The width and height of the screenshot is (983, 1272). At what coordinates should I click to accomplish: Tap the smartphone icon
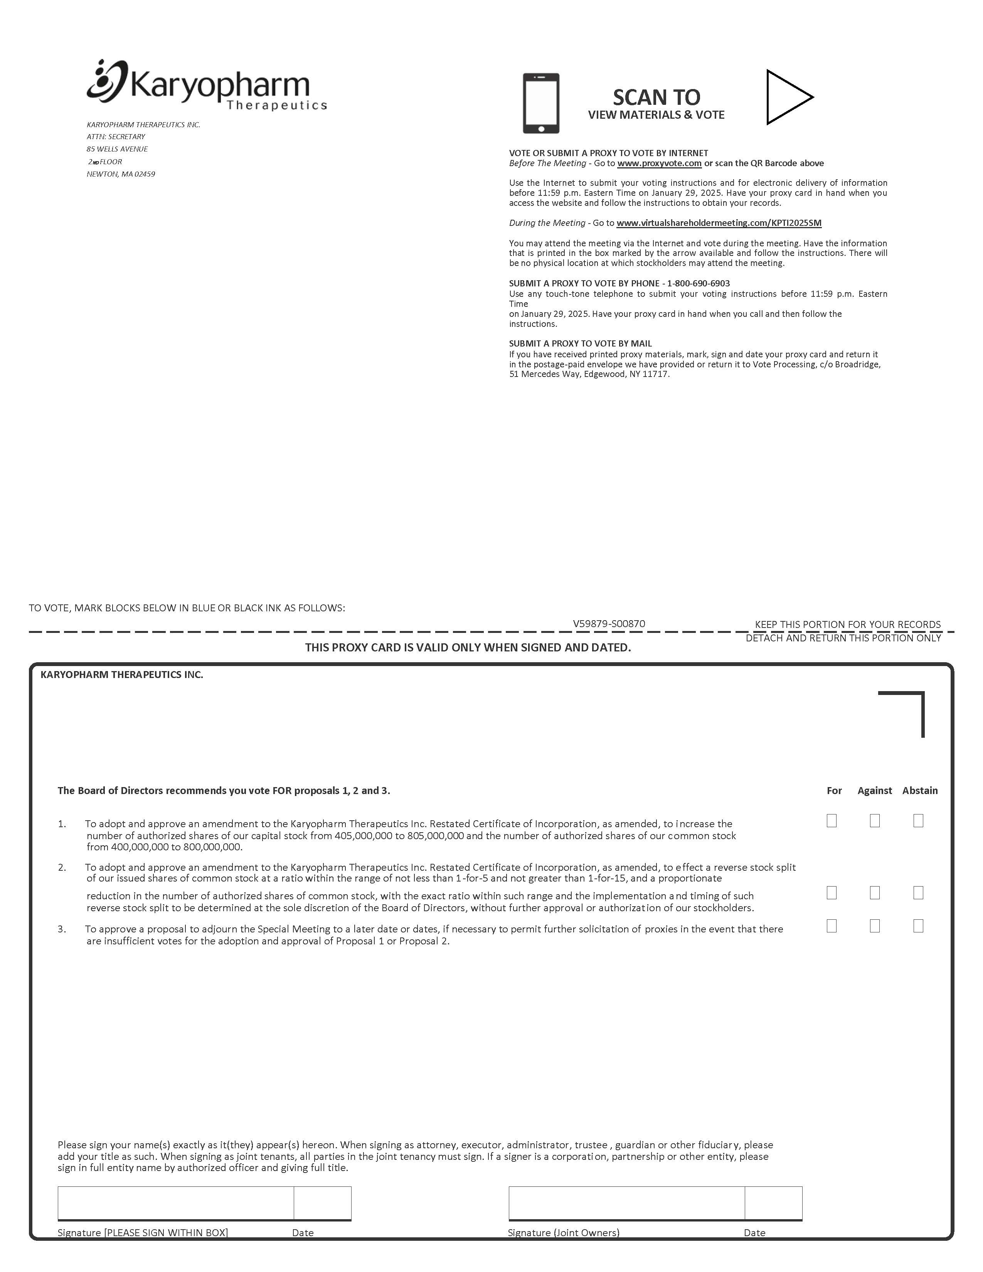(540, 103)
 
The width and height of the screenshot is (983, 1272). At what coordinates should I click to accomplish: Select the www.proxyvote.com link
(659, 163)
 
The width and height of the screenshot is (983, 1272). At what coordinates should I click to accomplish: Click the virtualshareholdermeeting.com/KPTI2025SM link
(719, 223)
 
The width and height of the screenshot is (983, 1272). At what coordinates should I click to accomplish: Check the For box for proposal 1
(832, 821)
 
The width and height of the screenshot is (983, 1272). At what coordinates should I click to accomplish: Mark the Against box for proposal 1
(875, 821)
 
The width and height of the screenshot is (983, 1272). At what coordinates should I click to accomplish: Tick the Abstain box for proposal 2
(918, 893)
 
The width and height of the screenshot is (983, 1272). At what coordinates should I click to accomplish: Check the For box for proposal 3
(832, 926)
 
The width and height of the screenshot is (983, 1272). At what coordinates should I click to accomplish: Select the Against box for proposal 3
(875, 926)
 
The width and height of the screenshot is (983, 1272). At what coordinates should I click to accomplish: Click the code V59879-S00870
(609, 624)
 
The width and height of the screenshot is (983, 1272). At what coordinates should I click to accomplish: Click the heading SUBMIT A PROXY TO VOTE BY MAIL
(580, 343)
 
